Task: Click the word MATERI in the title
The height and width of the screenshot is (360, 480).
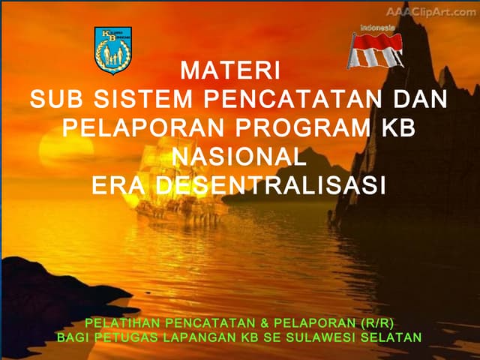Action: point(230,73)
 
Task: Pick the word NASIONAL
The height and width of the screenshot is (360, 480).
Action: point(239,157)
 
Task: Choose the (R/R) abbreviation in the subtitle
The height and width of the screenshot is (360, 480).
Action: point(376,323)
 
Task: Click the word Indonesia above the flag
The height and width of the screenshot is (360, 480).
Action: point(377,28)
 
